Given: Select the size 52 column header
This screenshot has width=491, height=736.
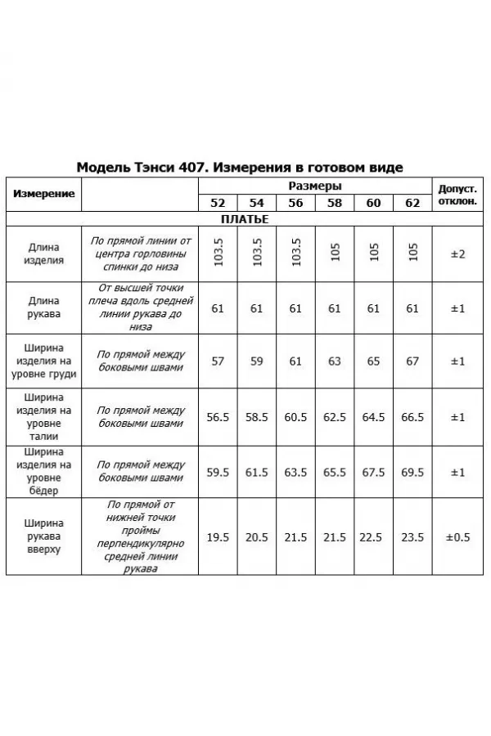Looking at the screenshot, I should click(x=218, y=203).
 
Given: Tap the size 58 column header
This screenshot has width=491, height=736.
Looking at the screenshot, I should click(x=335, y=203).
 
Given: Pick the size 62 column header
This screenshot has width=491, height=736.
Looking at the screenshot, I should click(x=412, y=203).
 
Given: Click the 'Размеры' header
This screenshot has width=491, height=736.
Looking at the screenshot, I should click(x=315, y=186).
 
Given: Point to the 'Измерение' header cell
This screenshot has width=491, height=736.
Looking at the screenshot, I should click(x=44, y=194).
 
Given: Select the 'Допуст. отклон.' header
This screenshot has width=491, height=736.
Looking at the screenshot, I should click(x=457, y=194).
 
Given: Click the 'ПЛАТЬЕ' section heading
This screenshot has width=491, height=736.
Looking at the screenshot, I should click(x=245, y=219).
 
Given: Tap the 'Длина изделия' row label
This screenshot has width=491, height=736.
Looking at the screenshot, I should click(x=45, y=254).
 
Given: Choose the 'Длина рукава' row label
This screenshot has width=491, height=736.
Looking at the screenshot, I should click(x=45, y=307).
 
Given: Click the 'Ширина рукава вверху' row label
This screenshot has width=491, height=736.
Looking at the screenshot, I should click(x=45, y=536).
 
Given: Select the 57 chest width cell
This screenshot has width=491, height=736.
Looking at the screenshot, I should click(x=218, y=361).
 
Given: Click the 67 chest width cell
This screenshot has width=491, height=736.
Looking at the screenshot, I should click(x=412, y=361).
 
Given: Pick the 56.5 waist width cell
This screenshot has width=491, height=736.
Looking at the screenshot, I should click(x=218, y=417).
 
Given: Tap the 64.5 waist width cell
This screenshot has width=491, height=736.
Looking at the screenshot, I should click(x=373, y=417).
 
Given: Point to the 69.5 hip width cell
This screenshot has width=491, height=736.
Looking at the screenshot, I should click(x=412, y=472).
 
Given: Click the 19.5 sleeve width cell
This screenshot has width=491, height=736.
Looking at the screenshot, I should click(x=218, y=536).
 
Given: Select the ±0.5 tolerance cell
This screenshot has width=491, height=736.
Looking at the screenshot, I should click(x=457, y=536).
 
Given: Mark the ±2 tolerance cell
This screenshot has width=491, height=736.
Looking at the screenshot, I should click(x=457, y=254).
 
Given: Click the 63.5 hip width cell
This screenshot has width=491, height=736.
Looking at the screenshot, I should click(x=295, y=472).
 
